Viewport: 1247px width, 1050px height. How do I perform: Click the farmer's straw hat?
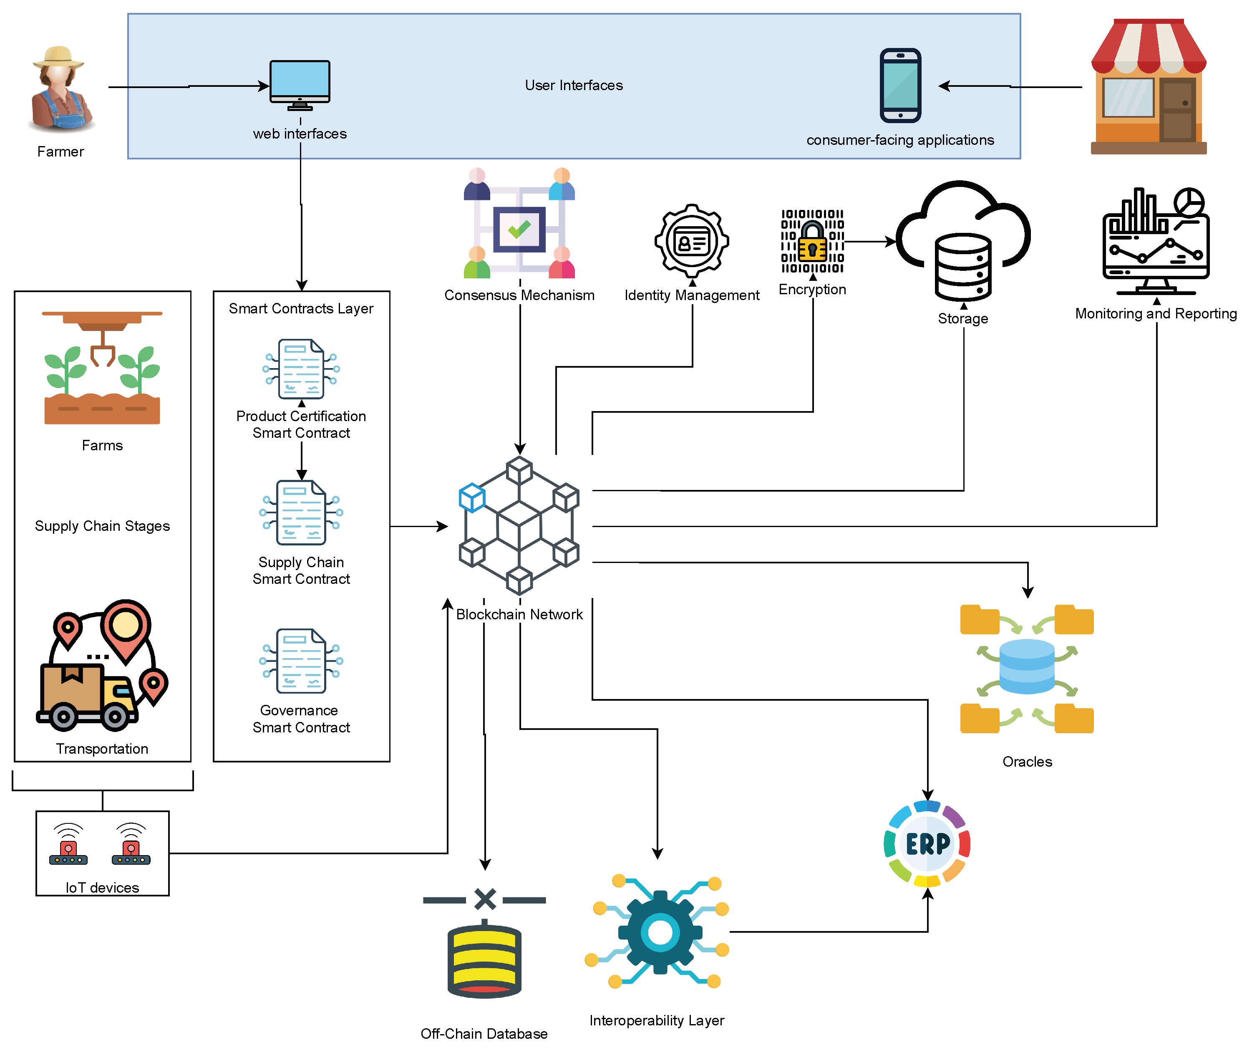58,56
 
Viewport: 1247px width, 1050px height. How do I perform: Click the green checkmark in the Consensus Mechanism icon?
519,229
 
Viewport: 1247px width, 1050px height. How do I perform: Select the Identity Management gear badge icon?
691,241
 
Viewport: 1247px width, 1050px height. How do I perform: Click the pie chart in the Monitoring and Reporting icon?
1188,202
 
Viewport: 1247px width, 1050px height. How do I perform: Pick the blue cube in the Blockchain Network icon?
472,497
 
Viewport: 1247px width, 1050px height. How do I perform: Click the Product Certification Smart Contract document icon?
301,369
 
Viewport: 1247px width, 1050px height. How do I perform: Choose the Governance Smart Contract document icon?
301,661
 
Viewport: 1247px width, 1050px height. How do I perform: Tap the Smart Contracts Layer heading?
301,308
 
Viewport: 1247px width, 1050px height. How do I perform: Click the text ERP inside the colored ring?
927,843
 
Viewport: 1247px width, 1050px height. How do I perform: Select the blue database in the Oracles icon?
1026,666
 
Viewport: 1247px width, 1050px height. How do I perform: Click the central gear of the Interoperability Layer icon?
659,931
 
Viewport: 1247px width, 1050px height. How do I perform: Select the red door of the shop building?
1177,110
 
